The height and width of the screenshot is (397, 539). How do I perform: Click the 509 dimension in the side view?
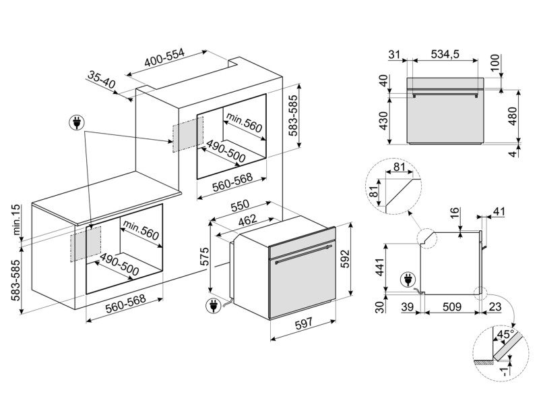(451, 307)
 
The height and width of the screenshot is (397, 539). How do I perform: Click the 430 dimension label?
(383, 120)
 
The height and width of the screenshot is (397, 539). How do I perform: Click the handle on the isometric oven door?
(300, 254)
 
